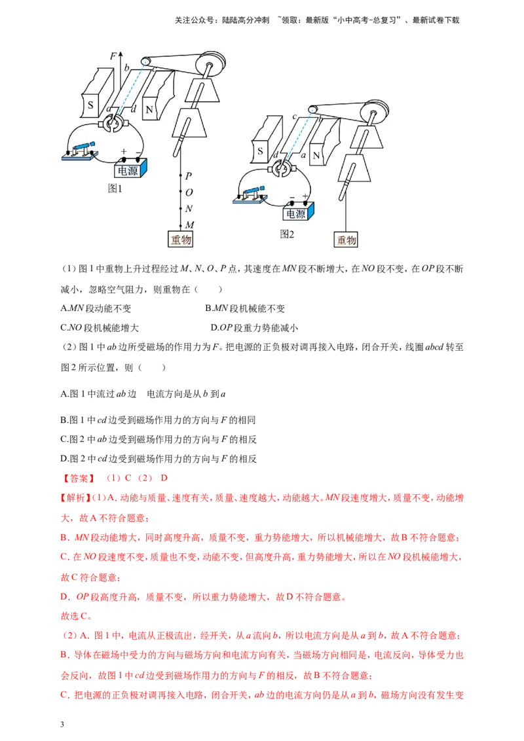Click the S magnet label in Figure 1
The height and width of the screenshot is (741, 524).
coord(90,105)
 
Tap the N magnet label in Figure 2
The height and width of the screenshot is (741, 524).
coord(316,156)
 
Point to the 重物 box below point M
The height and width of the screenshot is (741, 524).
coord(181,239)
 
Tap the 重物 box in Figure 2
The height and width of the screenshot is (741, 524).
coord(346,240)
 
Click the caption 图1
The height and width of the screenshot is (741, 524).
coord(115,188)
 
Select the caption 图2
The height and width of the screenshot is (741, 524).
coord(287,234)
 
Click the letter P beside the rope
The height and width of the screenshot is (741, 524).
coord(188,176)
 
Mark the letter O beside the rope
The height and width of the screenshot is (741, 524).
coord(189,192)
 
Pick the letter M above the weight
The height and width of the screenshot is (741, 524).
coord(190,225)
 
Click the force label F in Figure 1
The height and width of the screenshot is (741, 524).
coord(113,56)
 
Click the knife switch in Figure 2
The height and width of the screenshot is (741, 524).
coord(250,194)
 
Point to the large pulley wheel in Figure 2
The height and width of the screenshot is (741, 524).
coord(374,113)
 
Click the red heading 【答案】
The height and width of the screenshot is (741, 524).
coord(78,479)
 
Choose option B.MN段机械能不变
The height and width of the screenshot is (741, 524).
coord(245,308)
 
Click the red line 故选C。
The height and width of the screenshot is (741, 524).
coord(76,616)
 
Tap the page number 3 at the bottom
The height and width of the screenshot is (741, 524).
coord(62,725)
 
